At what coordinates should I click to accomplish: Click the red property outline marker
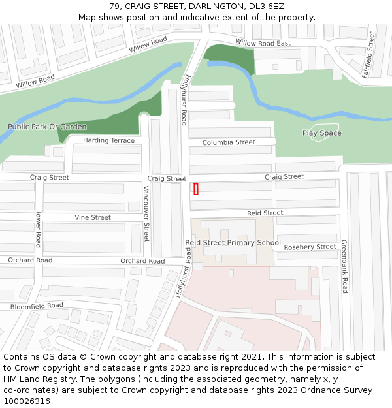click(x=196, y=189)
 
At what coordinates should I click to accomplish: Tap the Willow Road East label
click(x=263, y=43)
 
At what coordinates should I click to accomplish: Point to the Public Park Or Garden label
click(x=47, y=127)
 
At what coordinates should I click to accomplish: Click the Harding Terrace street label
click(x=108, y=140)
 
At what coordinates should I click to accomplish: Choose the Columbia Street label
click(x=229, y=142)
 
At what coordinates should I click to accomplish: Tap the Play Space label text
click(x=321, y=133)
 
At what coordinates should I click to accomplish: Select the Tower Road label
click(x=39, y=229)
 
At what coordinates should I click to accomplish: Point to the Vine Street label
click(x=93, y=217)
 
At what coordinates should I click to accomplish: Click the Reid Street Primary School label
click(x=233, y=243)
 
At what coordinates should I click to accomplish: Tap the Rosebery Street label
click(x=310, y=247)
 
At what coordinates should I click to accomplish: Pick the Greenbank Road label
click(x=344, y=266)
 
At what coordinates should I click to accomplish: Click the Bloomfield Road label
click(x=37, y=306)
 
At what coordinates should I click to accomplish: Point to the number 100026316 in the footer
click(x=26, y=401)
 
